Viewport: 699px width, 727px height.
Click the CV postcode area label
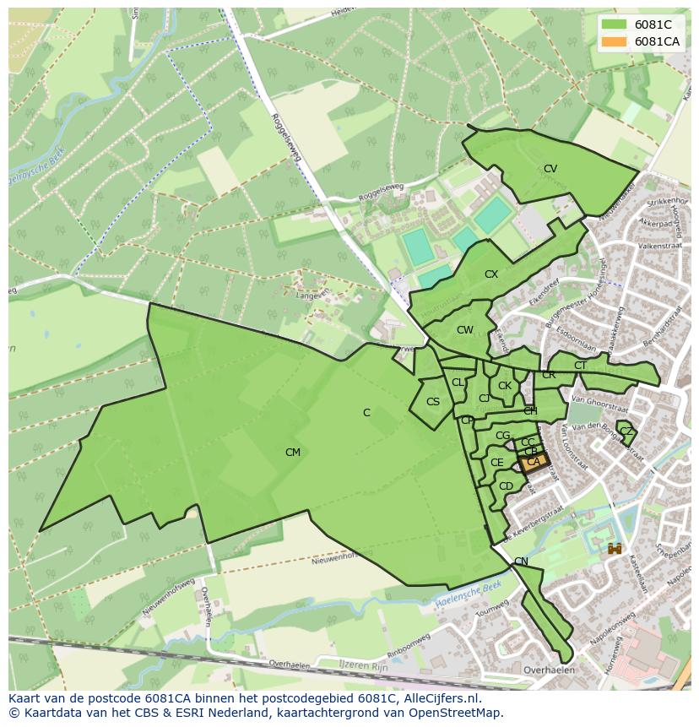550,169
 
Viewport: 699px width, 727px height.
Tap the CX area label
490,274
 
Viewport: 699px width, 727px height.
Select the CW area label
464,330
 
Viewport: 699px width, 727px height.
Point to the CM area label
292,453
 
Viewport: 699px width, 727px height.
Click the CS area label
433,402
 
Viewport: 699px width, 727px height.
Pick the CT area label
580,366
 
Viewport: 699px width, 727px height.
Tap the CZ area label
626,431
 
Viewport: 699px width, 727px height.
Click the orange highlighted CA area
533,462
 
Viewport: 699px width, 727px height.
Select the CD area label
506,486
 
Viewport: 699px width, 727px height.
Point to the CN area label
521,562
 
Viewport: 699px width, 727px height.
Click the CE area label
496,463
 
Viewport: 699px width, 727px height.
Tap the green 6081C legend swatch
615,24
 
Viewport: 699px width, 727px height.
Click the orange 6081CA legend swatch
615,41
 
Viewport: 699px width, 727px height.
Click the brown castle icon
615,548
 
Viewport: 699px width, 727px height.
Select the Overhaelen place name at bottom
549,670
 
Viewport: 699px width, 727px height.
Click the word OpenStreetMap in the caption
457,713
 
